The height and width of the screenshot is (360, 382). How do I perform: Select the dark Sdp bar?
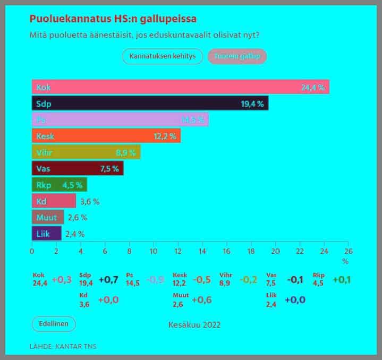pos(150,103)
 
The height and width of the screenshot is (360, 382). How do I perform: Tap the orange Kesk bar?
pos(106,136)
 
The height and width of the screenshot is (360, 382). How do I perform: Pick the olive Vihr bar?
pos(86,152)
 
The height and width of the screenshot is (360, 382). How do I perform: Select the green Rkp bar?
pos(59,185)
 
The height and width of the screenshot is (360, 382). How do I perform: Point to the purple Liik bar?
pos(47,234)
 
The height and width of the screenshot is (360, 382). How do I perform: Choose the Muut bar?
pos(48,217)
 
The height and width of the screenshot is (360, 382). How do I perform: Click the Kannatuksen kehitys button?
pos(163,56)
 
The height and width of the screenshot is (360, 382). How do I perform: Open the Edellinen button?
pos(54,324)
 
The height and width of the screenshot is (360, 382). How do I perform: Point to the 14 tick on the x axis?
pos(202,251)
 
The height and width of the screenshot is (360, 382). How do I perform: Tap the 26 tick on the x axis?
pos(348,251)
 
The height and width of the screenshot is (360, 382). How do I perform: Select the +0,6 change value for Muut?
pos(201,300)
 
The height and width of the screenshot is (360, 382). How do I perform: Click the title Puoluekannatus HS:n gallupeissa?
pos(113,19)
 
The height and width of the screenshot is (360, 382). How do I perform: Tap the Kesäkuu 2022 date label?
pos(194,324)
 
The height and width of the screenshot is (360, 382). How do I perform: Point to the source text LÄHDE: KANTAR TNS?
pos(63,347)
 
